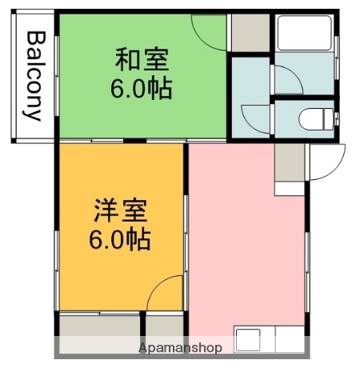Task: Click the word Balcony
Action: [x=34, y=76]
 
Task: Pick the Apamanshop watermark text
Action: [x=180, y=348]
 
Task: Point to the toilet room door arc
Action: [x=254, y=118]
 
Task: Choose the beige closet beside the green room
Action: [x=249, y=32]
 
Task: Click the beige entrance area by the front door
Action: [x=290, y=164]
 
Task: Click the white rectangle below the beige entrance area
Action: [x=290, y=190]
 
